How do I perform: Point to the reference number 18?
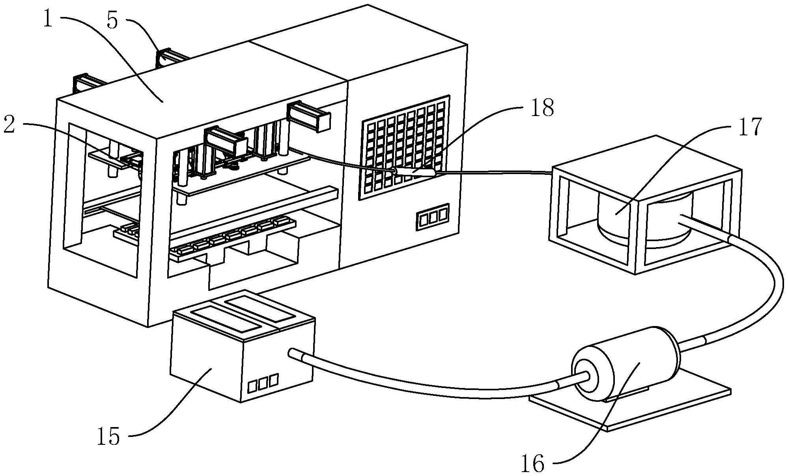point(542,107)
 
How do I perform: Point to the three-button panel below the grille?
point(432,217)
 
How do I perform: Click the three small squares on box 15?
point(263,382)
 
